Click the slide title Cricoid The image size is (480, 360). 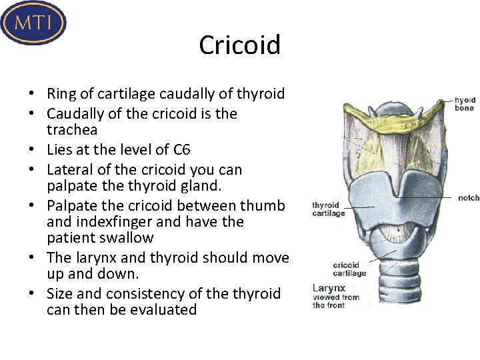point(239,45)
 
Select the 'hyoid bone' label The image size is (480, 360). point(465,103)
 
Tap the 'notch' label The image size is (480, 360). point(469,198)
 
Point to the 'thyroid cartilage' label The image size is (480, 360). point(329,209)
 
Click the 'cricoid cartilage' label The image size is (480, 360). point(349,269)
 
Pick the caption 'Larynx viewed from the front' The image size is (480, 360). point(336,297)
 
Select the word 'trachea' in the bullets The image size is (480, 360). point(72,130)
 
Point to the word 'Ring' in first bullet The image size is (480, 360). point(62,94)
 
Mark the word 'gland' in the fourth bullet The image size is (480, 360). point(218,185)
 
